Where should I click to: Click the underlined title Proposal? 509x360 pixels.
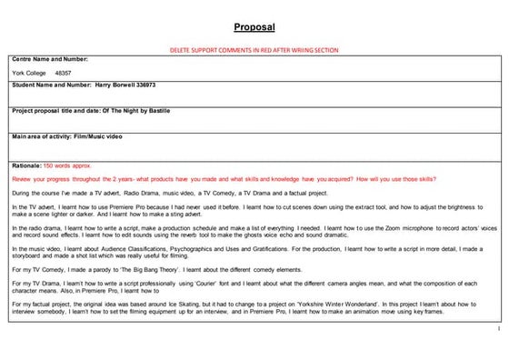(254, 27)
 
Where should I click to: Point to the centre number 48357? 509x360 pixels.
(63, 72)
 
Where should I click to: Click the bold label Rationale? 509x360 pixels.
(25, 166)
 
